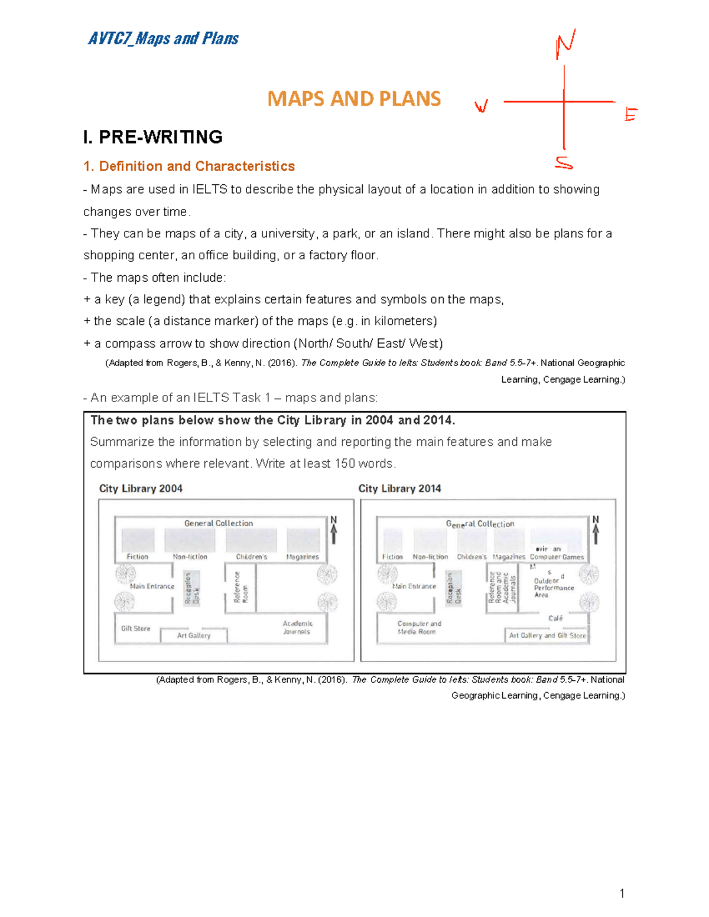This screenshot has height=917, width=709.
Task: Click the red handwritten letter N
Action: (x=565, y=44)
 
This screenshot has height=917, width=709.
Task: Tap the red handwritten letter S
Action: (x=564, y=163)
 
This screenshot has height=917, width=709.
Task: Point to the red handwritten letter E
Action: (x=631, y=114)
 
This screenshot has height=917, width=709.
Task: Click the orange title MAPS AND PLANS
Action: (x=354, y=99)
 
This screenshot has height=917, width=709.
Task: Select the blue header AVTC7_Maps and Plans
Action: (x=163, y=39)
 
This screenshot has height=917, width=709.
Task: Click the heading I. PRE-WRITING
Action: (x=153, y=137)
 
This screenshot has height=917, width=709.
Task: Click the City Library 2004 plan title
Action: (x=141, y=488)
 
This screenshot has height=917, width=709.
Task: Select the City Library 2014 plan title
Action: (x=399, y=488)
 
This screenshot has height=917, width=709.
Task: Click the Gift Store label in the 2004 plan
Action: (x=136, y=628)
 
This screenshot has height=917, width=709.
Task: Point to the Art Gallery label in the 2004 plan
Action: (x=194, y=635)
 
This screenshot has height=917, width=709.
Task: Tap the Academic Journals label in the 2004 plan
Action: (x=297, y=627)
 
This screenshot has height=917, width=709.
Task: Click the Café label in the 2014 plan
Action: (x=555, y=618)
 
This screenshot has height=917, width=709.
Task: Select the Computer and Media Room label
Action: (x=419, y=627)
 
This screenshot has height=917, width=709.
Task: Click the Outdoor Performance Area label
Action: (x=553, y=587)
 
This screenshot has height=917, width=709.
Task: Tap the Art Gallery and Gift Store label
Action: (x=547, y=635)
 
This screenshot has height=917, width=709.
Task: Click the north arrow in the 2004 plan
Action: (x=334, y=530)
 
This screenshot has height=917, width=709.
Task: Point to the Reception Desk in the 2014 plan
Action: (x=453, y=589)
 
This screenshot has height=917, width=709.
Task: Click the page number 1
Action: (x=622, y=893)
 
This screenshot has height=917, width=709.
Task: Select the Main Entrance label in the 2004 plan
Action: (x=152, y=586)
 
